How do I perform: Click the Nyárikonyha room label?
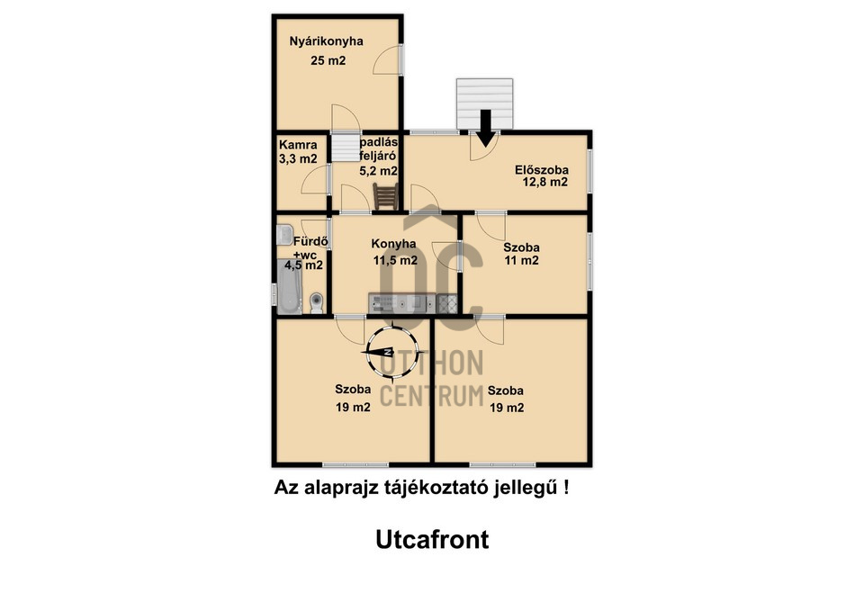[x=326, y=41]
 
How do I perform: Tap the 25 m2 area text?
[x=328, y=60]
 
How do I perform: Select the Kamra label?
[x=298, y=145]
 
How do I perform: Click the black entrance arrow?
[x=485, y=129]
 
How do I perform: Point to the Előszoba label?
[x=542, y=170]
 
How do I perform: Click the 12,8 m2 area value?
[x=545, y=183]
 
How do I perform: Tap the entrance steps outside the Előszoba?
[x=484, y=103]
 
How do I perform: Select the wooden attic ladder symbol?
[x=386, y=196]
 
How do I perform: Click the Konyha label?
[x=393, y=244]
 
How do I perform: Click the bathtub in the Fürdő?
[x=289, y=287]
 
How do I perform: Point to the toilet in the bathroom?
[x=316, y=303]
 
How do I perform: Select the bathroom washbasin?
[x=284, y=235]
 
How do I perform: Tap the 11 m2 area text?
[x=522, y=261]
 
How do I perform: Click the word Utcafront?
[x=432, y=540]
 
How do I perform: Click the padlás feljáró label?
[x=379, y=149]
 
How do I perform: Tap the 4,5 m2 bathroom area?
[x=303, y=265]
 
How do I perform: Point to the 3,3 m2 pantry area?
[x=298, y=159]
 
